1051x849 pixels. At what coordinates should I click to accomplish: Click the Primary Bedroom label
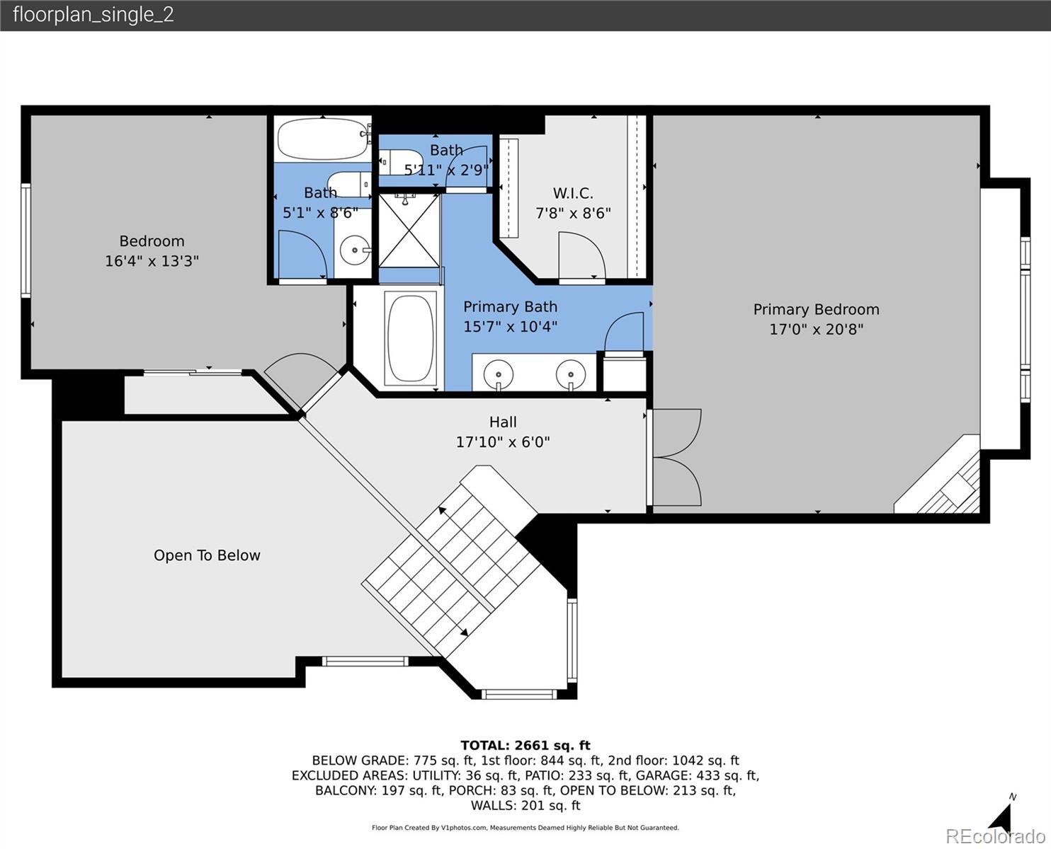coord(816,309)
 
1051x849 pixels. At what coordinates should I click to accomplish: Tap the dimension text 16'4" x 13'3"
coord(152,261)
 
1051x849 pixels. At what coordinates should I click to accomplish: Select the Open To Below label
coord(207,555)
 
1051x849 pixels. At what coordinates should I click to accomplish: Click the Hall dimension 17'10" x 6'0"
coord(502,442)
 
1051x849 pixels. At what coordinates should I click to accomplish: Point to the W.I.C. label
coord(573,193)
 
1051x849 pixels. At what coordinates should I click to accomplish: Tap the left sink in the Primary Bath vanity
coord(499,373)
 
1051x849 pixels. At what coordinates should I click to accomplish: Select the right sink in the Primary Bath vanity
coord(570,373)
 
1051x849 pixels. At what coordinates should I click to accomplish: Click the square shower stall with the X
coord(409,230)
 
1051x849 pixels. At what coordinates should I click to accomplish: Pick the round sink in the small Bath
coord(353,249)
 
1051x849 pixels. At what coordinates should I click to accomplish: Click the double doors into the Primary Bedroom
coord(676,457)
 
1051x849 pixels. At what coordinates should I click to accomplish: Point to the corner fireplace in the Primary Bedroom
coord(945,481)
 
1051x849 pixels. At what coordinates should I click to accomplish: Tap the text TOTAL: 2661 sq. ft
coord(525,745)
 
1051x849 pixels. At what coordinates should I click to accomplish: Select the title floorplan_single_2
coord(93,15)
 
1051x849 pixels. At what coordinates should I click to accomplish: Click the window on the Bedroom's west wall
coord(25,240)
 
